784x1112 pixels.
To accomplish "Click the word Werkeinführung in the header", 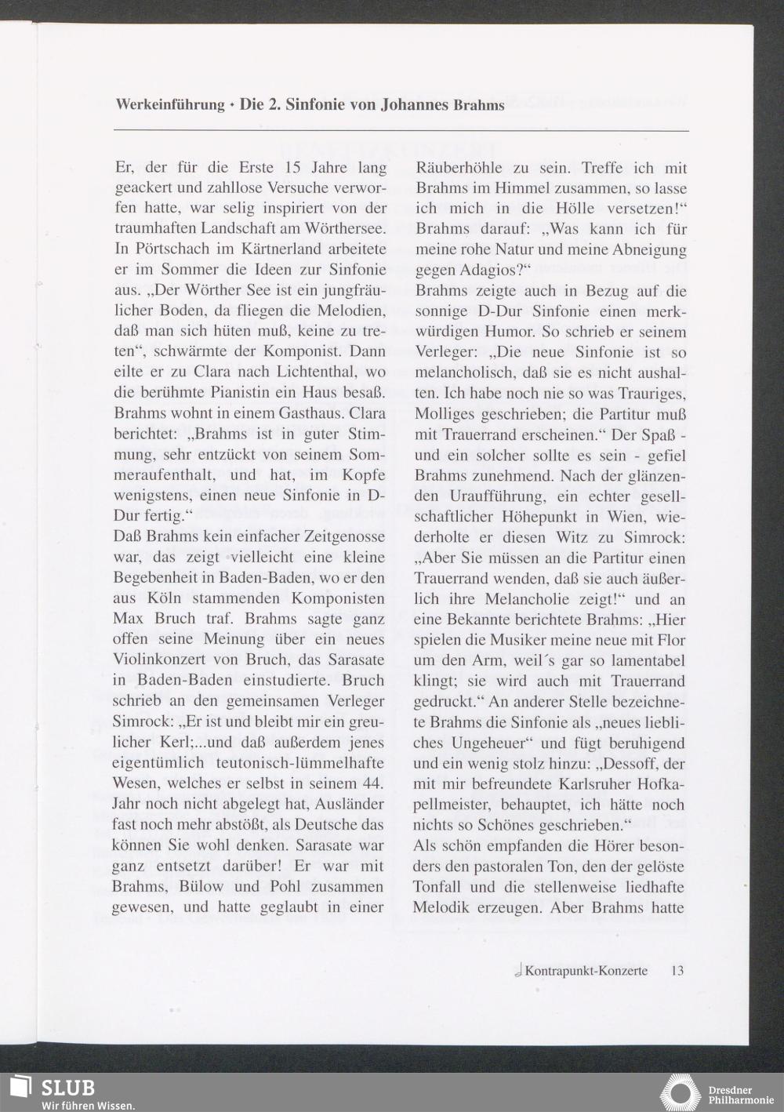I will [x=169, y=104].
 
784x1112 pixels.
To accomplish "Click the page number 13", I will [x=677, y=971].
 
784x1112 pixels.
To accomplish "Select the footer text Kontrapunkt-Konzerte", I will [x=586, y=971].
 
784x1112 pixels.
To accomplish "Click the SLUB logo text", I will [x=68, y=1088].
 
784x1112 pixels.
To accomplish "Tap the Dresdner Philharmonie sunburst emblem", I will [x=681, y=1092].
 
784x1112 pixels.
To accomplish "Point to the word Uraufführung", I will [x=499, y=496].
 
